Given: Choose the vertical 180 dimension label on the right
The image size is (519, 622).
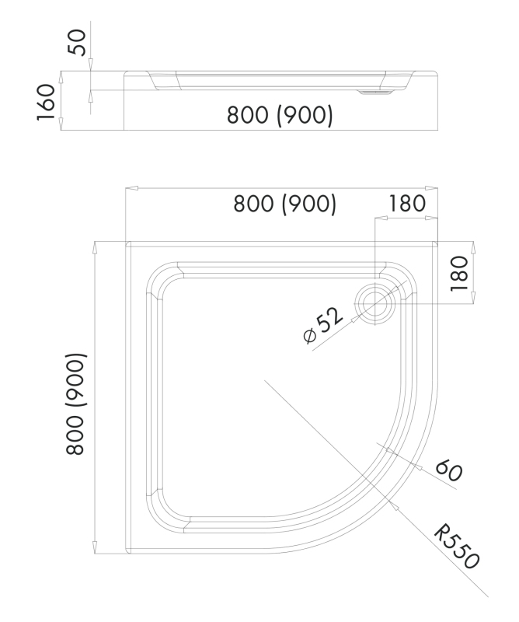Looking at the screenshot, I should (460, 272).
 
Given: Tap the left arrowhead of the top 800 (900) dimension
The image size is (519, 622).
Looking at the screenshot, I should (131, 188).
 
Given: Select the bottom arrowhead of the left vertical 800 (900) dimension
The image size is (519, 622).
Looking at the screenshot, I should (94, 548).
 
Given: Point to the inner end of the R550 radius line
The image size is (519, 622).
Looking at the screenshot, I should (264, 380).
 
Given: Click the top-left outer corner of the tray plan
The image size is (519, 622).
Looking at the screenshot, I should (125, 242).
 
